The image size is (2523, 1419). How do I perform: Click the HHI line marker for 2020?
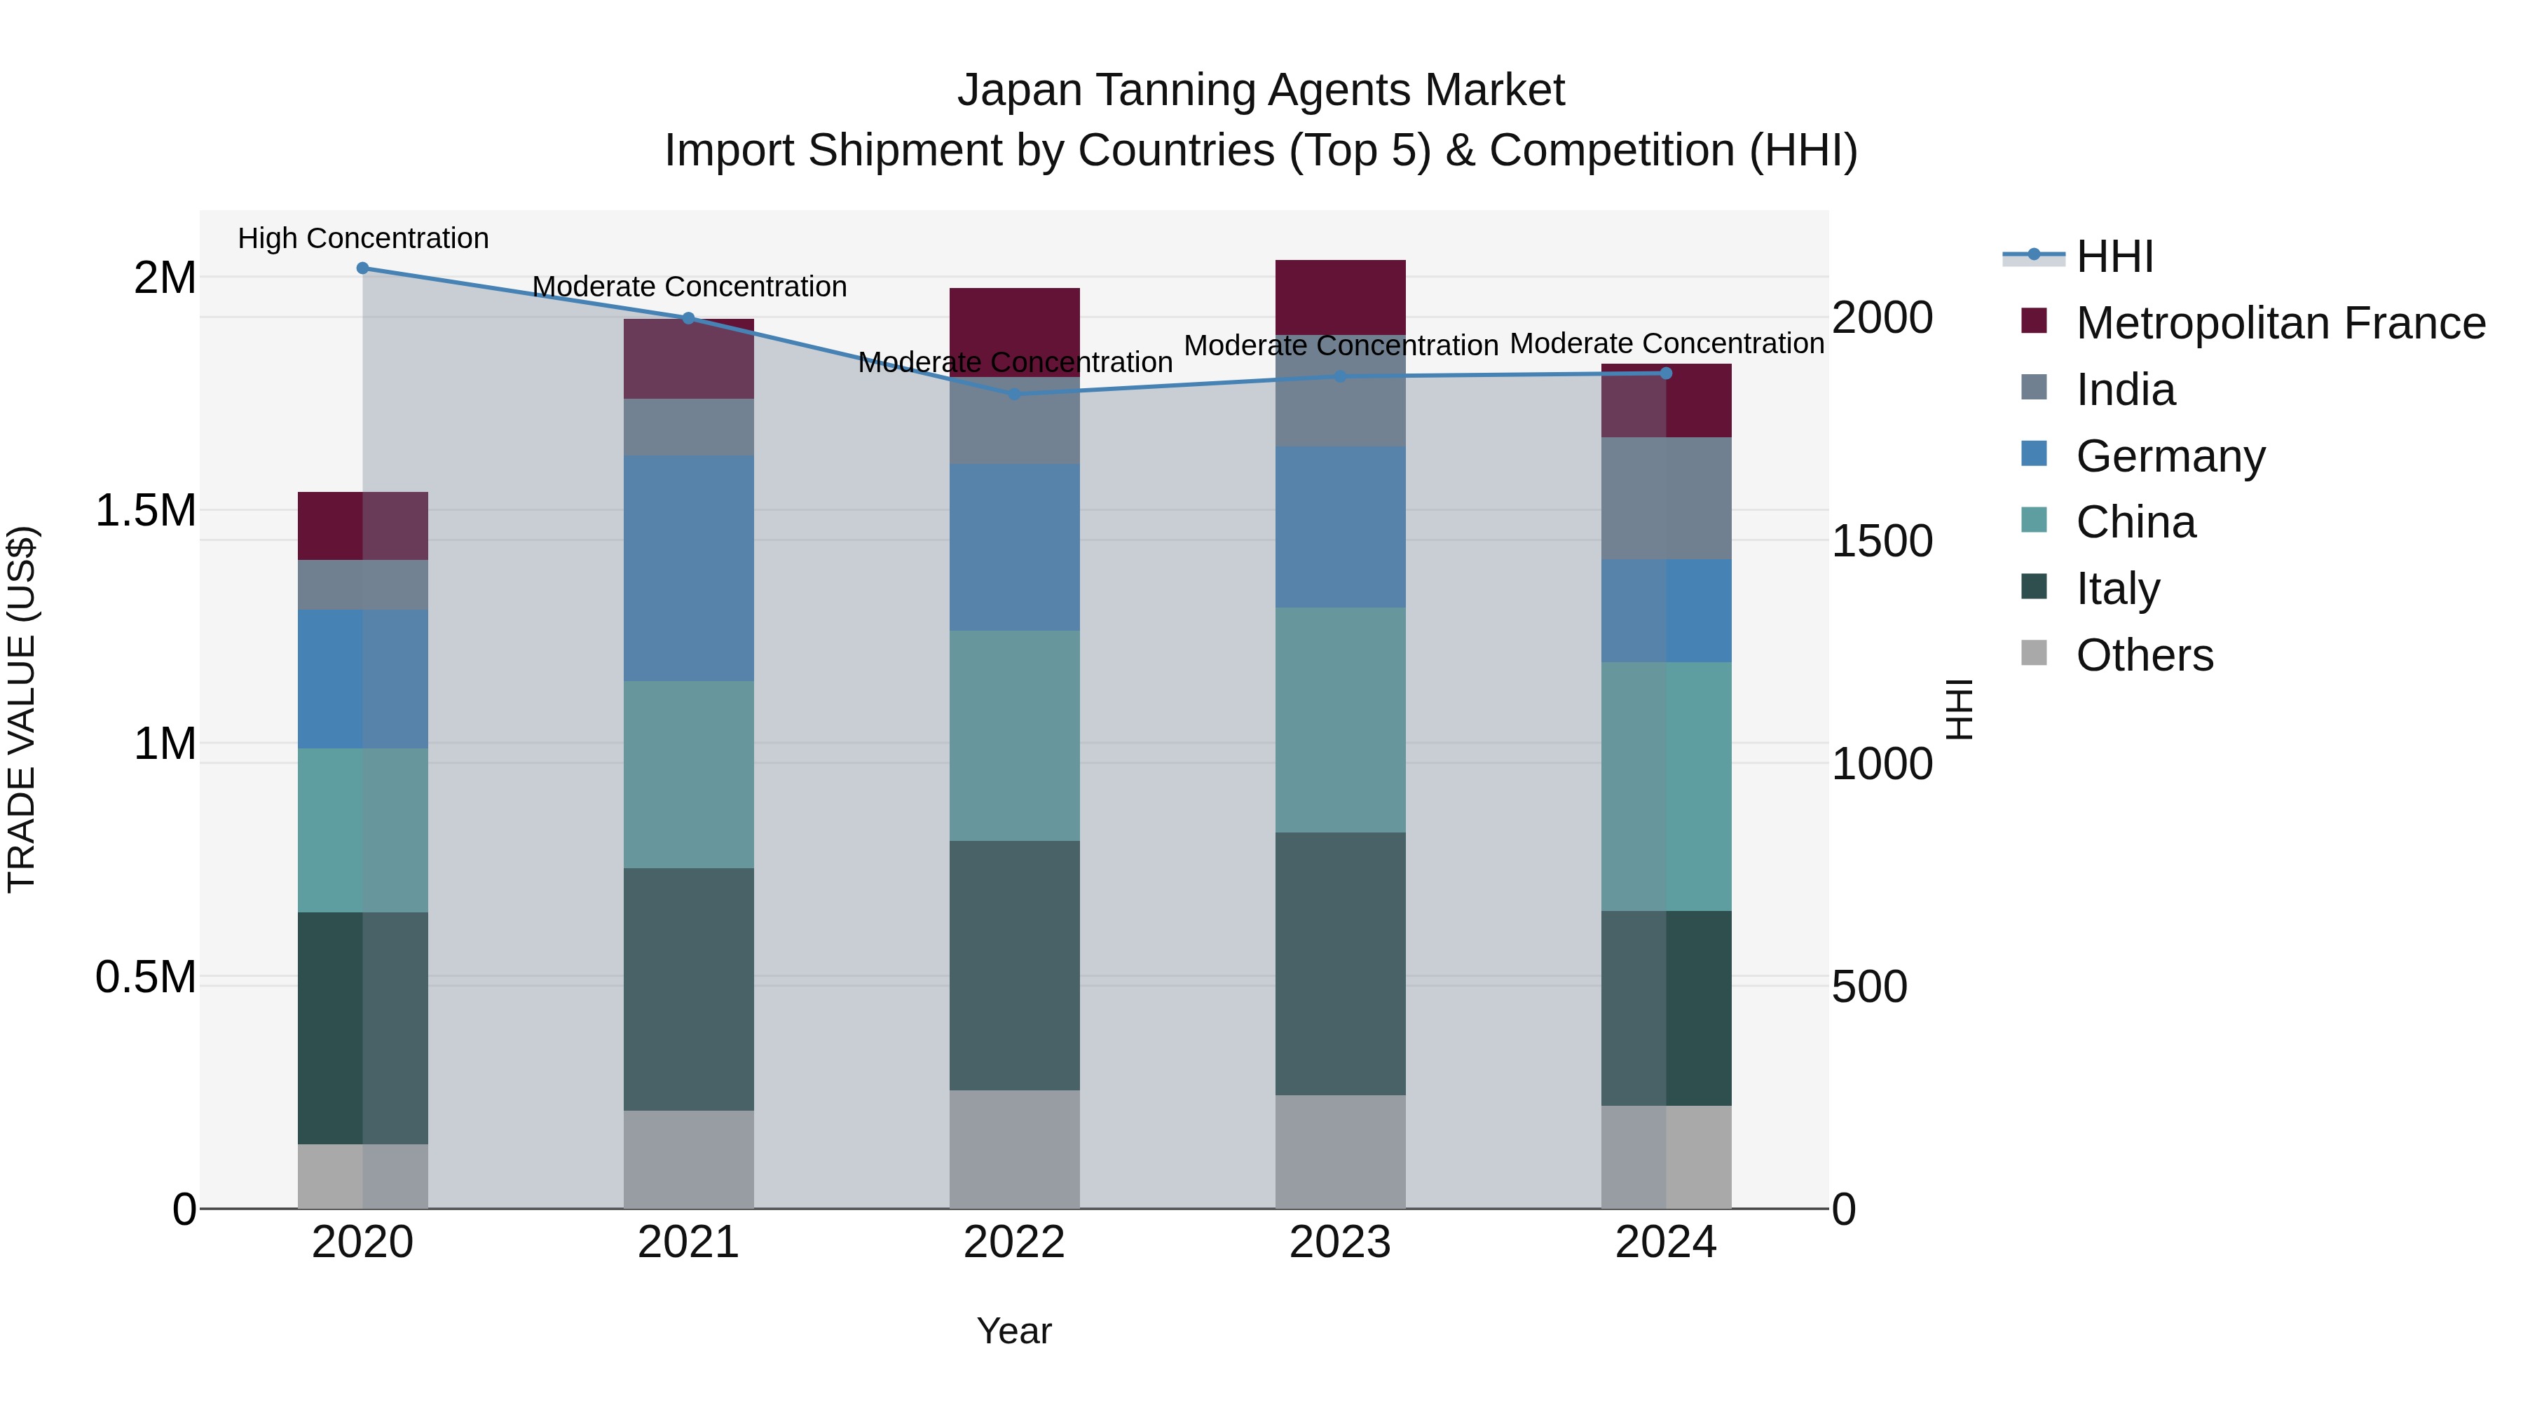coord(362,268)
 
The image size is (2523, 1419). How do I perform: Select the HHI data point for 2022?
coord(1013,395)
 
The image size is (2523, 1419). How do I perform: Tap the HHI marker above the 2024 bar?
coord(1666,373)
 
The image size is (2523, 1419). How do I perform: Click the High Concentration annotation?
coord(362,239)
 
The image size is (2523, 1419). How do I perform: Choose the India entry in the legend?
coord(2126,390)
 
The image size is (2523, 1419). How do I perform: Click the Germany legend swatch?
coord(2035,454)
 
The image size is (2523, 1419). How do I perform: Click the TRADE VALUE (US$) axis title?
coord(22,709)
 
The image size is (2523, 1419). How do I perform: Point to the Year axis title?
coord(1013,1331)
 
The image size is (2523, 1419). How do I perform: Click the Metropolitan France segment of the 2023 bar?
coord(1340,296)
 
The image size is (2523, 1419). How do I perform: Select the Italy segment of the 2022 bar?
coord(1013,965)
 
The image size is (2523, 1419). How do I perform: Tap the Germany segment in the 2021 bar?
coord(688,568)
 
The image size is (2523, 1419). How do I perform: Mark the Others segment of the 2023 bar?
coord(1340,1151)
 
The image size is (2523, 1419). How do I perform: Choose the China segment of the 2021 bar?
coord(688,774)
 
